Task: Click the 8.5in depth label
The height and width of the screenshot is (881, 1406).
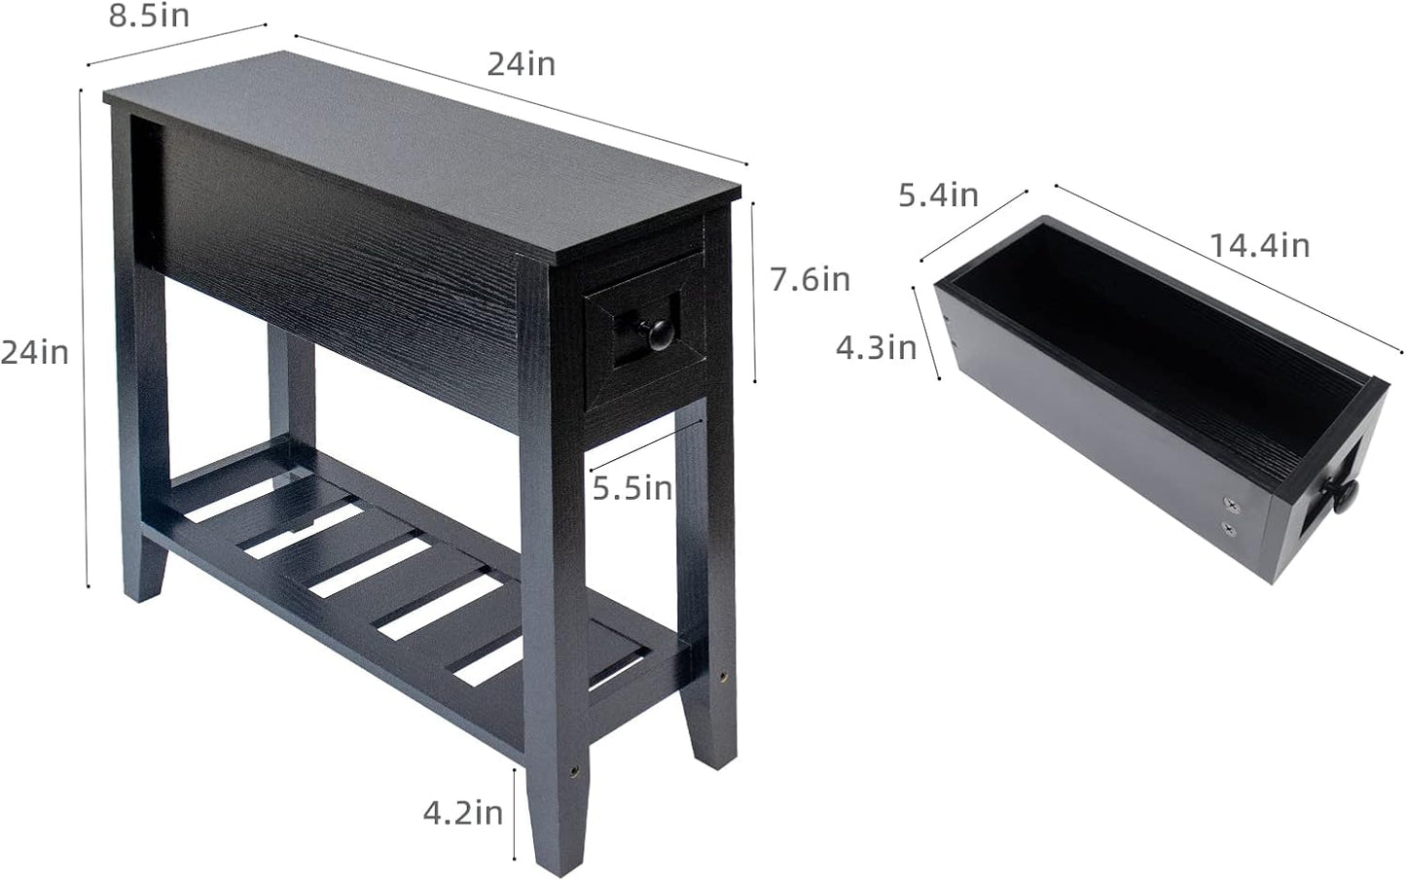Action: [x=148, y=17]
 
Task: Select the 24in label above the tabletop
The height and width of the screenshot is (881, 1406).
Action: [x=521, y=64]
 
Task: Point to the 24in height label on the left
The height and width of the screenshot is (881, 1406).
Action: [x=35, y=352]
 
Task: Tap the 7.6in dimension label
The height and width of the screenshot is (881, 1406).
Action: [x=810, y=280]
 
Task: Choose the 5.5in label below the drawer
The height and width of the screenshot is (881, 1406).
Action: [x=632, y=487]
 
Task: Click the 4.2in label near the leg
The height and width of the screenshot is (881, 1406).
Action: [x=462, y=812]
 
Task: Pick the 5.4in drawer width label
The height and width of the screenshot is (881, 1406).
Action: [x=937, y=195]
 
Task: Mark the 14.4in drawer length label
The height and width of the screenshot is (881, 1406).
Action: [x=1259, y=245]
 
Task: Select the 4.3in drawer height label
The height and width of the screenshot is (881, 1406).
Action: [x=876, y=347]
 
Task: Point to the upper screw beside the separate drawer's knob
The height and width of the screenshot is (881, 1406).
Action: [x=1232, y=504]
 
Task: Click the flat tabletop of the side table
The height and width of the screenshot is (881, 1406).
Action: [x=418, y=146]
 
